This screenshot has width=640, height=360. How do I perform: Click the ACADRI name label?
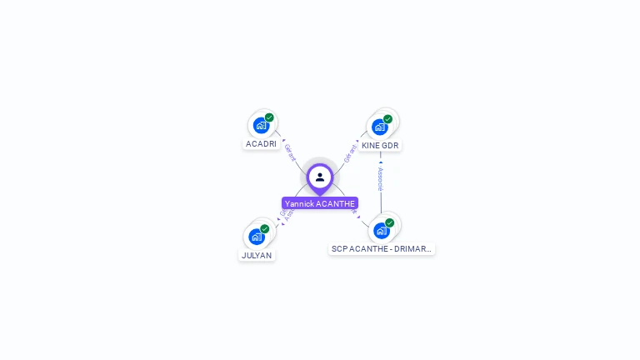pyautogui.click(x=261, y=144)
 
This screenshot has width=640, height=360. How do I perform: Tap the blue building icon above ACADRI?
pyautogui.click(x=261, y=126)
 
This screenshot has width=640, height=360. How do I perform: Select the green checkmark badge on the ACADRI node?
pyautogui.click(x=269, y=117)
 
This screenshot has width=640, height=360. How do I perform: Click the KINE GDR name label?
pyautogui.click(x=380, y=146)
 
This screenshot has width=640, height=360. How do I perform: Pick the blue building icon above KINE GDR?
pyautogui.click(x=379, y=127)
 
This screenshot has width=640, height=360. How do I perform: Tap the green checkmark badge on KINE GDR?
pyautogui.click(x=387, y=119)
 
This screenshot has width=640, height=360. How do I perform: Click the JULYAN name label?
pyautogui.click(x=257, y=256)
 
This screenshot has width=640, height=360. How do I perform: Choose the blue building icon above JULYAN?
pyautogui.click(x=257, y=237)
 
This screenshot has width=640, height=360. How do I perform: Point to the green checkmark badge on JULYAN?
pyautogui.click(x=265, y=228)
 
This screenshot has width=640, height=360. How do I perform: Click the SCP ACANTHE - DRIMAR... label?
pyautogui.click(x=382, y=249)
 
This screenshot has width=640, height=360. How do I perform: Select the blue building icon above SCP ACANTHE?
pyautogui.click(x=381, y=231)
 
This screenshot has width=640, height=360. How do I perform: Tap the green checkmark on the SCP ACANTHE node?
pyautogui.click(x=389, y=222)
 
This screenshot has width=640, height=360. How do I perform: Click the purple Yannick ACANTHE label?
pyautogui.click(x=320, y=203)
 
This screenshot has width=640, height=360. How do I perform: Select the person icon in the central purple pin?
pyautogui.click(x=320, y=177)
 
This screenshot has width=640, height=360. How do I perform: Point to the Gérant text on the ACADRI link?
pyautogui.click(x=290, y=152)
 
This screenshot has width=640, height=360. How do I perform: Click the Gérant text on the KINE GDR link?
pyautogui.click(x=350, y=153)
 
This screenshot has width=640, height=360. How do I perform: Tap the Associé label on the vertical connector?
pyautogui.click(x=380, y=178)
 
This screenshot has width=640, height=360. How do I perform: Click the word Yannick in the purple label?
pyautogui.click(x=299, y=203)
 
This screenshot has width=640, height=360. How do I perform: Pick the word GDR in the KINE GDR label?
pyautogui.click(x=390, y=146)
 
